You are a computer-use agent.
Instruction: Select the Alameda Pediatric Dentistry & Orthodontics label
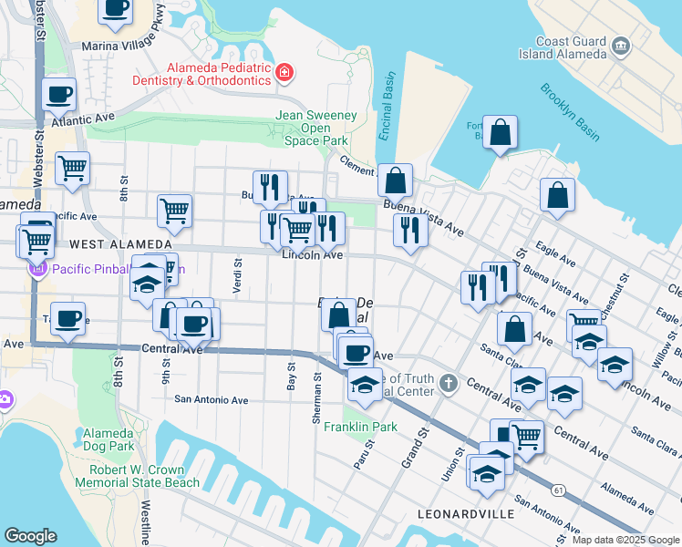(x=219, y=74)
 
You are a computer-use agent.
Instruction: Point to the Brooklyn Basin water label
(x=569, y=112)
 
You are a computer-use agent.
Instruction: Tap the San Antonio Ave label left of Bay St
(x=212, y=399)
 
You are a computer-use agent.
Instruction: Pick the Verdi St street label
(x=237, y=270)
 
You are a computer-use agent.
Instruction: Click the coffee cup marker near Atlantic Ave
(x=59, y=94)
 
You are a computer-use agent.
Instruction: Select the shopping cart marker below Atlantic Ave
(x=72, y=168)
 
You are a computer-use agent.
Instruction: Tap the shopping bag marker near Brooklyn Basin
(x=501, y=133)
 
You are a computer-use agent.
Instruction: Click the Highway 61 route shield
(x=557, y=490)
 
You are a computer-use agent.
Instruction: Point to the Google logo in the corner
(x=30, y=536)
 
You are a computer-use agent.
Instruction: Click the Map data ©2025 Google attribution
(x=625, y=540)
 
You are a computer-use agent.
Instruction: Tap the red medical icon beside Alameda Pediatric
(x=284, y=71)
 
